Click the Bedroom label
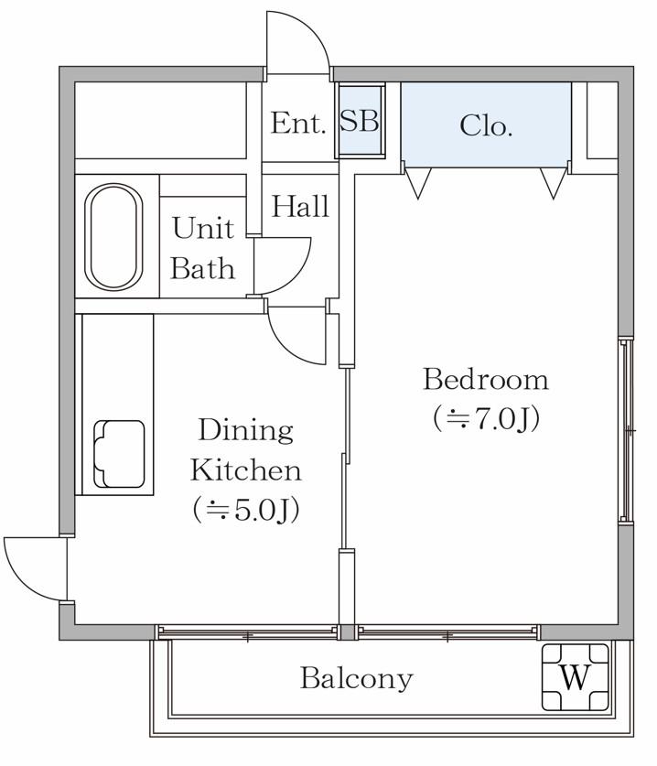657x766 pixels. pyautogui.click(x=486, y=380)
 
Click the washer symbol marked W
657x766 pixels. pyautogui.click(x=576, y=677)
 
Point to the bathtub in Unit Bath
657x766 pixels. pyautogui.click(x=113, y=237)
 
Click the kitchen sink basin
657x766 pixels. pyautogui.click(x=120, y=454)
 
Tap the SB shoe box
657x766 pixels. pyautogui.click(x=360, y=120)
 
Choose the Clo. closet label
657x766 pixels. pyautogui.click(x=486, y=125)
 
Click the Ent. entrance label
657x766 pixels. pyautogui.click(x=298, y=123)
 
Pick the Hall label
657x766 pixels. pyautogui.click(x=300, y=206)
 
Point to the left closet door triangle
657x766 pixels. pyautogui.click(x=418, y=183)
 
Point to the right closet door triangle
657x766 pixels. pyautogui.click(x=554, y=183)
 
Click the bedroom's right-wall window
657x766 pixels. pyautogui.click(x=625, y=430)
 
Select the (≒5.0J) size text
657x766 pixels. pyautogui.click(x=246, y=510)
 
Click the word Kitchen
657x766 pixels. pyautogui.click(x=246, y=470)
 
